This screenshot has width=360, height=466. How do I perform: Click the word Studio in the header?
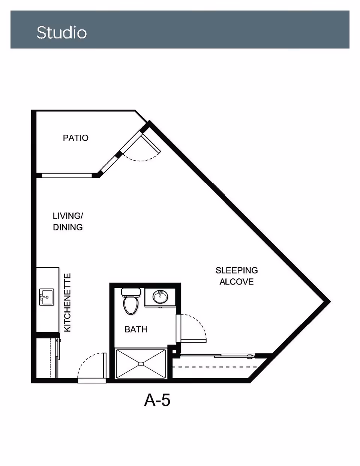pyautogui.click(x=62, y=33)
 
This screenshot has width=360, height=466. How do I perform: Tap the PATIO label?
pyautogui.click(x=76, y=138)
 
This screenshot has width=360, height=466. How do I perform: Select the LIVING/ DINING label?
pyautogui.click(x=68, y=221)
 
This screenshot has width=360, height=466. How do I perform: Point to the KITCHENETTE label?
pyautogui.click(x=67, y=302)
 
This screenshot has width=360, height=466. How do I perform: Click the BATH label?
pyautogui.click(x=136, y=329)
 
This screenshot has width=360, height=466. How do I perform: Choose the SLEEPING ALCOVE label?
pyautogui.click(x=237, y=276)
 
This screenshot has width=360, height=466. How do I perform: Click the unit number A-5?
pyautogui.click(x=157, y=400)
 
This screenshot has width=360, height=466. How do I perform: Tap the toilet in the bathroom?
pyautogui.click(x=130, y=301)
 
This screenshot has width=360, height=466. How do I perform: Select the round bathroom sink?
pyautogui.click(x=160, y=297)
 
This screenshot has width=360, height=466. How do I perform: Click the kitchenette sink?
pyautogui.click(x=46, y=297)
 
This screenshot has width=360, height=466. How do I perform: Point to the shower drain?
pyautogui.click(x=141, y=364)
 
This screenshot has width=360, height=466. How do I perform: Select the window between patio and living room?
pyautogui.click(x=67, y=176)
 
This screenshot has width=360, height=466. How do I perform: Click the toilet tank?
pyautogui.click(x=131, y=292)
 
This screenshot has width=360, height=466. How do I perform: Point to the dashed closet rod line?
pyautogui.click(x=215, y=367)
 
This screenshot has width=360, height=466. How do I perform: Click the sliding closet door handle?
pyautogui.click(x=250, y=357)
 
